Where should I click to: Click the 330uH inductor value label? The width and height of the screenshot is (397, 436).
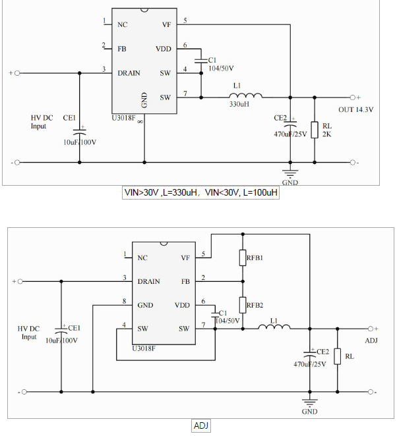coord(238,104)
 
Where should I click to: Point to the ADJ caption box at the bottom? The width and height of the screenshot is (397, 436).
coord(201,425)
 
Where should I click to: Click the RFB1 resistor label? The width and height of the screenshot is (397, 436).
coord(255,258)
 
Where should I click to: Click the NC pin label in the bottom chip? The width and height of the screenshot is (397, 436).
coord(142,258)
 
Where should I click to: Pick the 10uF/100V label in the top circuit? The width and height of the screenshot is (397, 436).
coord(80,142)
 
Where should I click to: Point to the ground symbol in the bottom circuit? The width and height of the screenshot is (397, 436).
coord(309,403)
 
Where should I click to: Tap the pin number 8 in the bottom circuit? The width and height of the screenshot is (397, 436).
coord(124,301)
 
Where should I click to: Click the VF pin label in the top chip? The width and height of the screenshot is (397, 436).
coord(166,24)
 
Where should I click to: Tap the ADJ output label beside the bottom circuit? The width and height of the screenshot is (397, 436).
coord(371,341)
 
